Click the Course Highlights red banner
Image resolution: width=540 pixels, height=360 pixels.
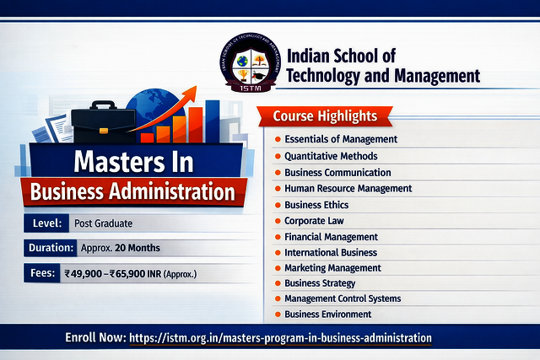point(325,116)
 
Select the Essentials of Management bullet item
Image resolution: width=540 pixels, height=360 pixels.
point(341,139)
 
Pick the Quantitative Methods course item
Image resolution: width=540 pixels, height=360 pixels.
point(331,156)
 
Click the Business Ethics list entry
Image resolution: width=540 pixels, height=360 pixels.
point(316,205)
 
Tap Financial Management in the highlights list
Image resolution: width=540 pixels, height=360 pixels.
point(331,237)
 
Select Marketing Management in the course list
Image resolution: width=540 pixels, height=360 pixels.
point(332,268)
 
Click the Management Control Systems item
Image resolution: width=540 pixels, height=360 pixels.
point(343,298)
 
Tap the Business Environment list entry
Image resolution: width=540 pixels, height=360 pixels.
point(327,314)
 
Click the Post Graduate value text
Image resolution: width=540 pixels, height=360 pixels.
point(102,223)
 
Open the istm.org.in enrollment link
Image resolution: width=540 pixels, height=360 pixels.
point(280,337)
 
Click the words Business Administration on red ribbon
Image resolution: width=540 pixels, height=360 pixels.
point(132,191)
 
